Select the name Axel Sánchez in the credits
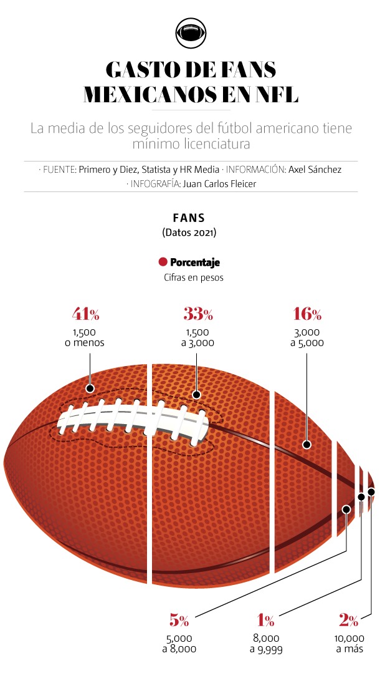315,169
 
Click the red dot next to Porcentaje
163,263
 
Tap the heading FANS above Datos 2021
189,218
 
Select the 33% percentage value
198,314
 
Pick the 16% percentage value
307,314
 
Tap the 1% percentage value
265,620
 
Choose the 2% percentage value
349,620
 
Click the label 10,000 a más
349,644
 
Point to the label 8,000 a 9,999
265,644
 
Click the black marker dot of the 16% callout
306,445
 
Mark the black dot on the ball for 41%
90,389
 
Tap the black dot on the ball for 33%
197,394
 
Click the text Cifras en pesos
189,278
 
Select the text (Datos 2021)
189,233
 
